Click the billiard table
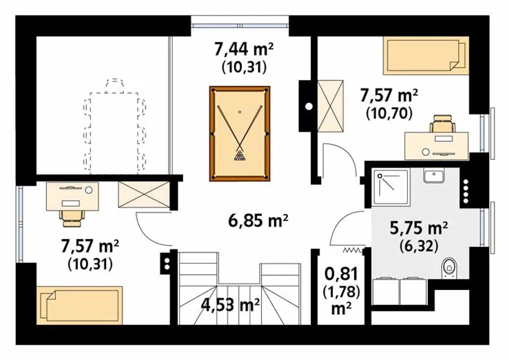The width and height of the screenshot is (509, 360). click(240, 134)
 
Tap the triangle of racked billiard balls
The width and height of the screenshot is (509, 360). click(239, 156)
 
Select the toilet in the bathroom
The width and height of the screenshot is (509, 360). click(449, 269)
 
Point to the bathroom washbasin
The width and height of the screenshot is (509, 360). click(433, 175)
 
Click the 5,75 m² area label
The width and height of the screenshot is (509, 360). click(419, 228)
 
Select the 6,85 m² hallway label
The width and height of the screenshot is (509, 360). click(258, 221)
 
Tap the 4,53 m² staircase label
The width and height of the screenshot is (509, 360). click(230, 305)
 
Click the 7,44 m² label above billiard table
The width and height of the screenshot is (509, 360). click(244, 49)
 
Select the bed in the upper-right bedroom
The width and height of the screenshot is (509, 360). click(426, 55)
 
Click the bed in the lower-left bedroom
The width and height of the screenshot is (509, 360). click(80, 305)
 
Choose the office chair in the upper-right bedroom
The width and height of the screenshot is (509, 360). click(443, 124)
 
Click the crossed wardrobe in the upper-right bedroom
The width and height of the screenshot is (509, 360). click(330, 106)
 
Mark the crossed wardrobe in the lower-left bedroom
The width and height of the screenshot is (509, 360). click(144, 194)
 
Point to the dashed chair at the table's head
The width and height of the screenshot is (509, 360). click(115, 86)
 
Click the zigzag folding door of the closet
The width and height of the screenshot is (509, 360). click(352, 250)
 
